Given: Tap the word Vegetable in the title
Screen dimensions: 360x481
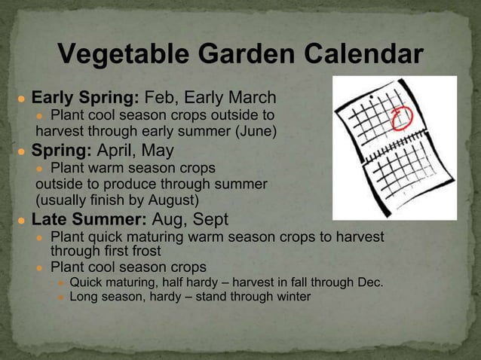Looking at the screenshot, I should tap(118, 55).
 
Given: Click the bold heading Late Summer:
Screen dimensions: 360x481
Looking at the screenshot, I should tap(89, 220).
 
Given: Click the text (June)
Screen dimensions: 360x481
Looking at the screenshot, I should tap(257, 133).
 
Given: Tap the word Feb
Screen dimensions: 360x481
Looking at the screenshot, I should tap(161, 98).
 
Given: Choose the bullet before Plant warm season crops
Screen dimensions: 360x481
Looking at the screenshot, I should tap(41, 168).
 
